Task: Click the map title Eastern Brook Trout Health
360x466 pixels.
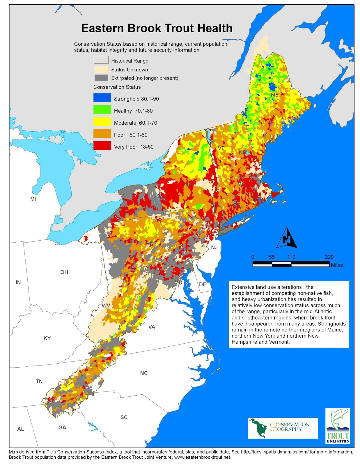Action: (x=157, y=28)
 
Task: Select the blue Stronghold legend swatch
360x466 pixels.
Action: (x=102, y=98)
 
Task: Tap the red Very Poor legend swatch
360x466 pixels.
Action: (x=102, y=146)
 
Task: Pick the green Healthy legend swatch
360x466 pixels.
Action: (x=102, y=110)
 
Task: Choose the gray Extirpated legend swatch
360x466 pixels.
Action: (x=101, y=78)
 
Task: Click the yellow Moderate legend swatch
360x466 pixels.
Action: (x=102, y=122)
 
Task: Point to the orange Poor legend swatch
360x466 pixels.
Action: (x=102, y=134)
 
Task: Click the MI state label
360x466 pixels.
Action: (x=33, y=199)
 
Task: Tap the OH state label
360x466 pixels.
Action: (x=64, y=272)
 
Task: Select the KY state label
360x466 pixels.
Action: (x=47, y=338)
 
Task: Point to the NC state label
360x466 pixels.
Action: (x=144, y=373)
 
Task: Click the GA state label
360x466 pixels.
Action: (x=62, y=428)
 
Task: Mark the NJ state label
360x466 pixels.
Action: (x=214, y=248)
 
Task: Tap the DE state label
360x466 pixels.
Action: (x=203, y=284)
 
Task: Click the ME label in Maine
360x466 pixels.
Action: (x=274, y=95)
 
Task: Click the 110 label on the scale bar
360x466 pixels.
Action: (x=291, y=257)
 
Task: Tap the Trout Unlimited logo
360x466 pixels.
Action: (x=338, y=426)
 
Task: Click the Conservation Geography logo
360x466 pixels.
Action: (x=283, y=428)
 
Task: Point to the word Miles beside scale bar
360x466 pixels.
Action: (x=337, y=265)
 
